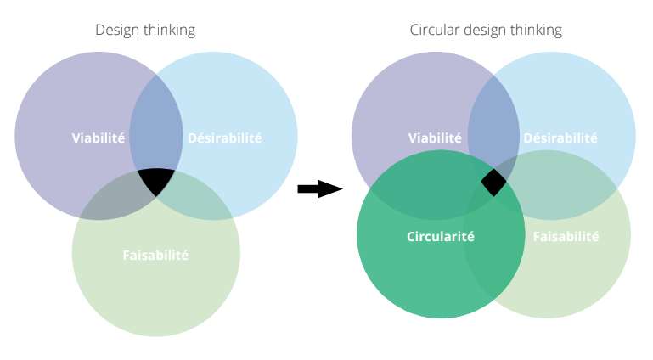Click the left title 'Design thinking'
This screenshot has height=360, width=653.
pyautogui.click(x=145, y=31)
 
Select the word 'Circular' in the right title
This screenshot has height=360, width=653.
pyautogui.click(x=435, y=30)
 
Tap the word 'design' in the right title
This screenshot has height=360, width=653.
pyautogui.click(x=485, y=31)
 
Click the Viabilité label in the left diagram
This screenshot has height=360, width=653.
pyautogui.click(x=99, y=138)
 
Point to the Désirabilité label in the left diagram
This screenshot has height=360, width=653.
pyautogui.click(x=225, y=138)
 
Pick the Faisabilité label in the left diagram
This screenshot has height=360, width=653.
pyautogui.click(x=155, y=255)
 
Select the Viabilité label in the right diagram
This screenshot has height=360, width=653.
pyautogui.click(x=436, y=138)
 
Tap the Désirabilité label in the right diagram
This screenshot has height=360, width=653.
pyautogui.click(x=560, y=138)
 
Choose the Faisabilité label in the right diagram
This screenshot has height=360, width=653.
pyautogui.click(x=566, y=236)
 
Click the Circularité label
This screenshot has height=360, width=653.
pyautogui.click(x=441, y=236)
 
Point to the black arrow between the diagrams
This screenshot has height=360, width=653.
pyautogui.click(x=320, y=189)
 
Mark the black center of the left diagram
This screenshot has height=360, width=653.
pyautogui.click(x=156, y=180)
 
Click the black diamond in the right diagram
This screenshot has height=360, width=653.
pyautogui.click(x=494, y=183)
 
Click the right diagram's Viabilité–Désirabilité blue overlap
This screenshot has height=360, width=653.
pyautogui.click(x=494, y=125)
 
